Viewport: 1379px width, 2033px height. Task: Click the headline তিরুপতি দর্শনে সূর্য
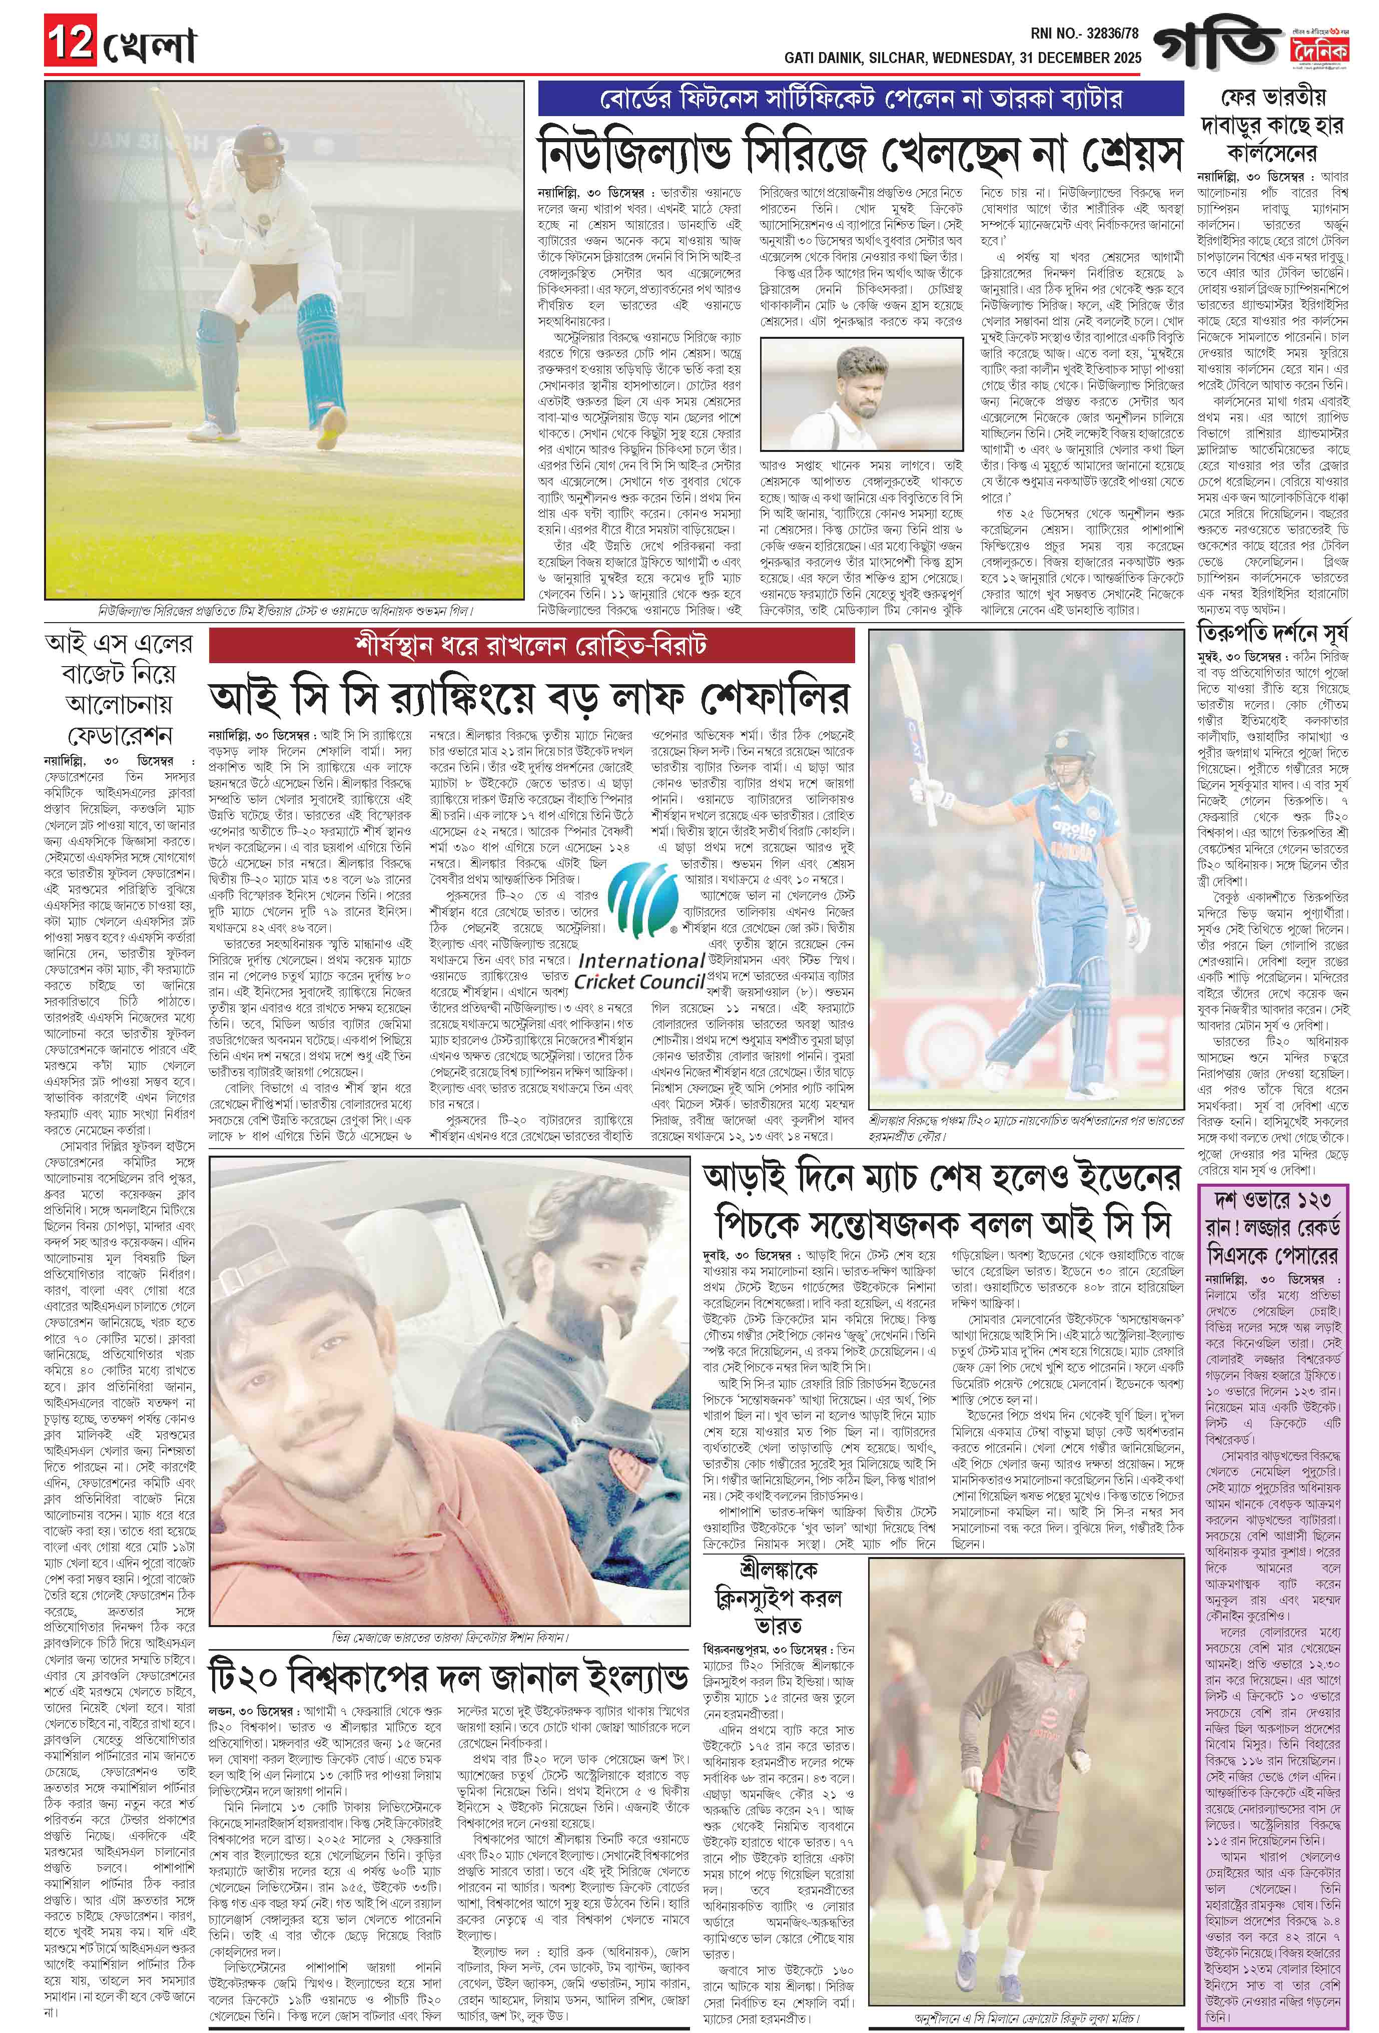(1271, 632)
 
